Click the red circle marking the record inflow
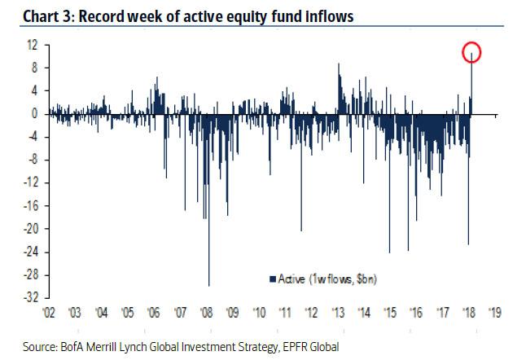(x=471, y=44)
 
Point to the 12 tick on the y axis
(x=33, y=45)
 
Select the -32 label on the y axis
(x=31, y=297)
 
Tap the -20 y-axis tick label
(x=31, y=229)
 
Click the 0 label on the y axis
(x=35, y=114)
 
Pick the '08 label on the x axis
(x=206, y=313)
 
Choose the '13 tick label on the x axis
(x=338, y=313)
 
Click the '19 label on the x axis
(x=495, y=313)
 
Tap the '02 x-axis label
(x=49, y=313)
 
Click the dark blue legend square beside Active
(x=273, y=279)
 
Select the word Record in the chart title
(x=101, y=16)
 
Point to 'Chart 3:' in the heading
(x=48, y=16)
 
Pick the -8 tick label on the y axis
(x=33, y=160)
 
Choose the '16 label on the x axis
(x=416, y=313)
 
